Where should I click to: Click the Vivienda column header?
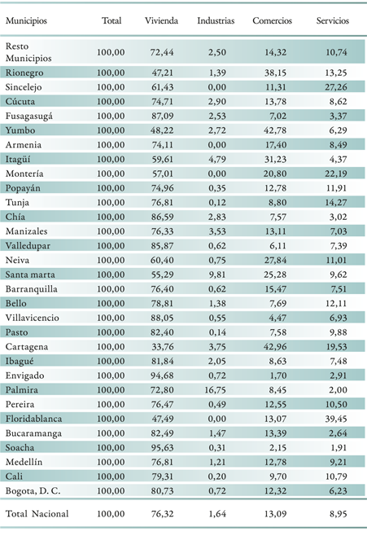pos(161,20)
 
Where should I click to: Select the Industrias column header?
pos(216,20)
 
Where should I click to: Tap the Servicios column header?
pos(332,20)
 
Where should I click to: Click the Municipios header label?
pos(26,21)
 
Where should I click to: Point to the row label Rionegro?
pos(24,73)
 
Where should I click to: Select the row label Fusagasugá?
pos(28,116)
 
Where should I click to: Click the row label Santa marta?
pos(30,275)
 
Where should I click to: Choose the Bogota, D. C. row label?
pos(33,490)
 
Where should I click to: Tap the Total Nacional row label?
pos(37,514)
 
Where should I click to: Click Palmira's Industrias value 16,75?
pos(215,390)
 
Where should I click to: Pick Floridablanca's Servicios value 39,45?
pos(336,419)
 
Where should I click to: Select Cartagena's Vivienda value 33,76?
pos(162,346)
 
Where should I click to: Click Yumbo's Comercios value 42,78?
pos(275,130)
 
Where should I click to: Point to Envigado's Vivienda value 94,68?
pos(162,376)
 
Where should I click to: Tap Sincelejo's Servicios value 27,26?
pos(336,87)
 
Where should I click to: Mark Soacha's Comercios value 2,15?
pos(277,448)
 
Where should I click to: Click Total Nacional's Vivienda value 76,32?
pos(162,514)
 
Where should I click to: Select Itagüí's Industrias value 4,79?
pos(217,159)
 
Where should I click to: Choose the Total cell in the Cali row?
pos(111,477)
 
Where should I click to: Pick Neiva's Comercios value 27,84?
pos(275,261)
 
